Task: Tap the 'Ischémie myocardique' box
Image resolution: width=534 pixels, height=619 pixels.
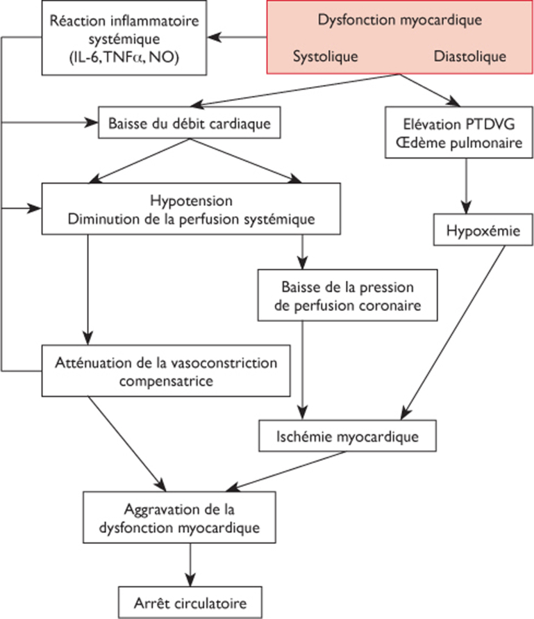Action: pos(347,437)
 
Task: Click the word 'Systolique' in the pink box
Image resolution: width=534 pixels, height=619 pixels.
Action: pos(325,56)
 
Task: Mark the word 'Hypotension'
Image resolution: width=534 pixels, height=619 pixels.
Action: pos(190,202)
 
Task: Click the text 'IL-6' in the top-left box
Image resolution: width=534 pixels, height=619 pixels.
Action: pos(83,58)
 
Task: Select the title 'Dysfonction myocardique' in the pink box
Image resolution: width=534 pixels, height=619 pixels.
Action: pos(399,20)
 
